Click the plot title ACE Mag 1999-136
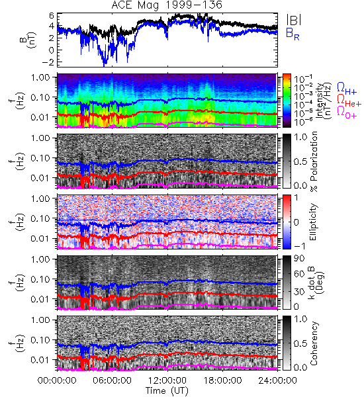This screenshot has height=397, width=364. (x=167, y=5)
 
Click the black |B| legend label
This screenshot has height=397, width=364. (x=294, y=20)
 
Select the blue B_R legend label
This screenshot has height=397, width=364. (x=293, y=34)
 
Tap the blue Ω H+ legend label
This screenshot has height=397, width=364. (x=347, y=89)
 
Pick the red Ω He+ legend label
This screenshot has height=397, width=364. (x=349, y=101)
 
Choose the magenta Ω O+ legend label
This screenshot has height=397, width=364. (x=347, y=112)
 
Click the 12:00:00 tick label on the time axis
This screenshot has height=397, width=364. (x=167, y=380)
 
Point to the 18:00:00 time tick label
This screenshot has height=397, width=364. (x=222, y=380)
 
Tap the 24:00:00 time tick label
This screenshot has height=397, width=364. (x=277, y=380)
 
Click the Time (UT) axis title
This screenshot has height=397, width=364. (x=167, y=391)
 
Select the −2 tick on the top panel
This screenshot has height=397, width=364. (x=48, y=62)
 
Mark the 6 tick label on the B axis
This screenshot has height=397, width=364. (x=52, y=16)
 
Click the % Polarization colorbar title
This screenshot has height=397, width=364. (x=314, y=161)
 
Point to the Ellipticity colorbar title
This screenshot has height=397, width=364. (x=313, y=222)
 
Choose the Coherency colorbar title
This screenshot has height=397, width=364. (x=314, y=343)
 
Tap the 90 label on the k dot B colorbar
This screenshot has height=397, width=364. (x=299, y=259)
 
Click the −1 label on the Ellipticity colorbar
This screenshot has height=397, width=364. (x=299, y=245)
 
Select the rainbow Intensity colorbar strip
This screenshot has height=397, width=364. (x=287, y=101)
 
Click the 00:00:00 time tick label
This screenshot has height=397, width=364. (x=57, y=380)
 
